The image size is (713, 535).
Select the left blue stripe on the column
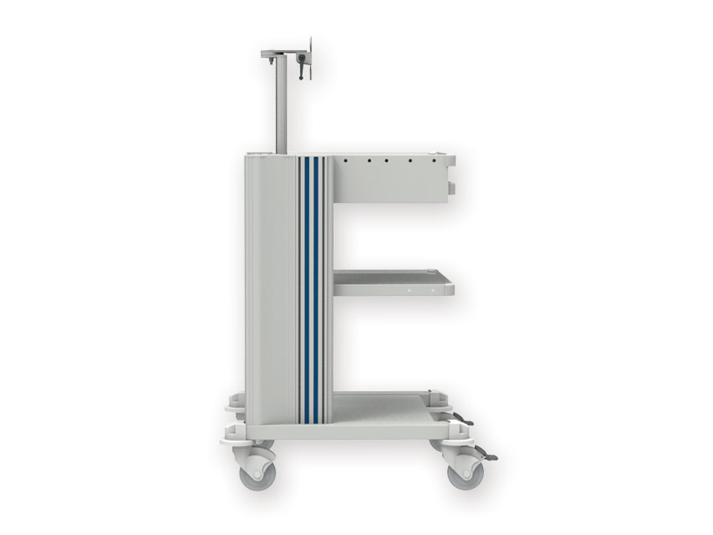tap(306, 284)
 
